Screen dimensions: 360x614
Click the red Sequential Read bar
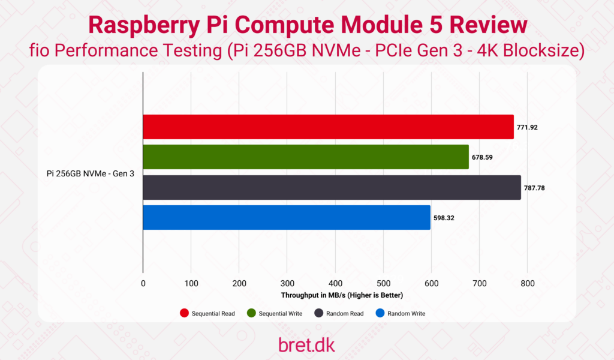328,127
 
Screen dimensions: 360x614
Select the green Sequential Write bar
306,157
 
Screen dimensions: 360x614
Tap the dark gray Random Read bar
332,187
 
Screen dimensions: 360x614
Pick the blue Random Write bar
287,217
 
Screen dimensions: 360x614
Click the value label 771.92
529,127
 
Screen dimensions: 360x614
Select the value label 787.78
537,188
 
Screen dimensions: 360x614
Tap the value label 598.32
444,218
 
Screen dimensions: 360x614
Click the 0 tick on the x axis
143,283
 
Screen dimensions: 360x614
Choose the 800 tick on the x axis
527,283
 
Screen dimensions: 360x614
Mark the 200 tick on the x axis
239,283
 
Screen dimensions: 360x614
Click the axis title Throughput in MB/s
342,295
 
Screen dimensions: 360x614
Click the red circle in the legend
185,313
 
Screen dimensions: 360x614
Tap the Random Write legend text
406,314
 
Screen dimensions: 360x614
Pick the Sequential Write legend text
280,314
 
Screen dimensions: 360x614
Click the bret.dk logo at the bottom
307,344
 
